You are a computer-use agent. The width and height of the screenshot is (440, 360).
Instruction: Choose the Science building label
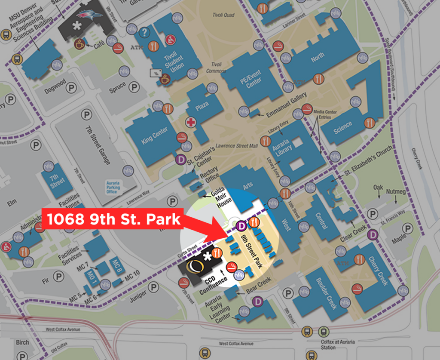pyautogui.click(x=343, y=126)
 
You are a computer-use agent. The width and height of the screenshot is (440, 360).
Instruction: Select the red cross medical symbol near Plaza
pyautogui.click(x=190, y=123)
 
